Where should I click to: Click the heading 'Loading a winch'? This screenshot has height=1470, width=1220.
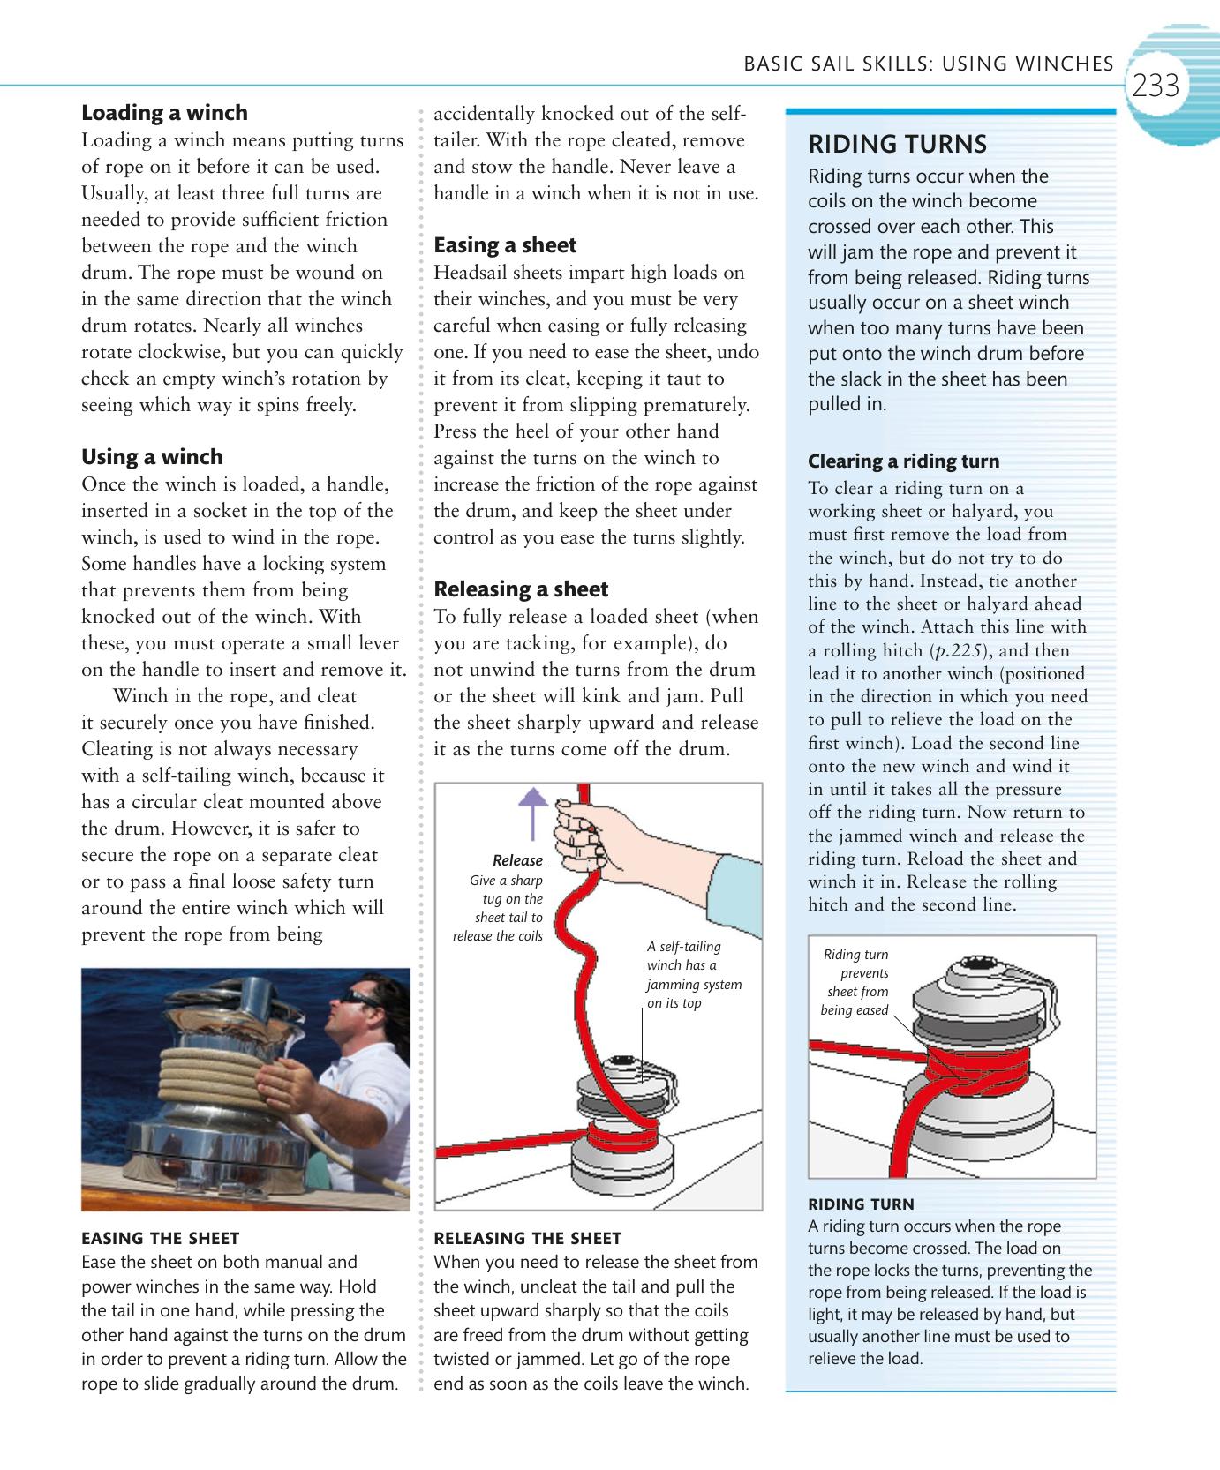coord(164,113)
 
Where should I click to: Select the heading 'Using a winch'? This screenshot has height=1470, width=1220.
coord(152,457)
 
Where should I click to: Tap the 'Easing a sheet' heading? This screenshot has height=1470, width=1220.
coord(505,245)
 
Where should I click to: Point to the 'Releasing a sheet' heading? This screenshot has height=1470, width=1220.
coord(521,589)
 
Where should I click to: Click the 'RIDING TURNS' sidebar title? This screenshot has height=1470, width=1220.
coord(897,144)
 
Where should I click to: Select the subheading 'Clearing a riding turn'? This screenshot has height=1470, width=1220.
coord(904,461)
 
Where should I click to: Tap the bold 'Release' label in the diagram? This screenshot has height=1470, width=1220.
coord(517,860)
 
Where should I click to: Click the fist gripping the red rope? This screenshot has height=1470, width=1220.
coord(576,834)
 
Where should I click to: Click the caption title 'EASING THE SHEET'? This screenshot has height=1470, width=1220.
coord(160,1238)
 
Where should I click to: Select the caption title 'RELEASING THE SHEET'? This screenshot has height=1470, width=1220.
coord(528,1238)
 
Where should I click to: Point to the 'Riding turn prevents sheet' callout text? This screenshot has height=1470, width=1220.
coord(855,982)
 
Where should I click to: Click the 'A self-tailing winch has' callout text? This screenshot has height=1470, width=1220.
coord(694,974)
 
